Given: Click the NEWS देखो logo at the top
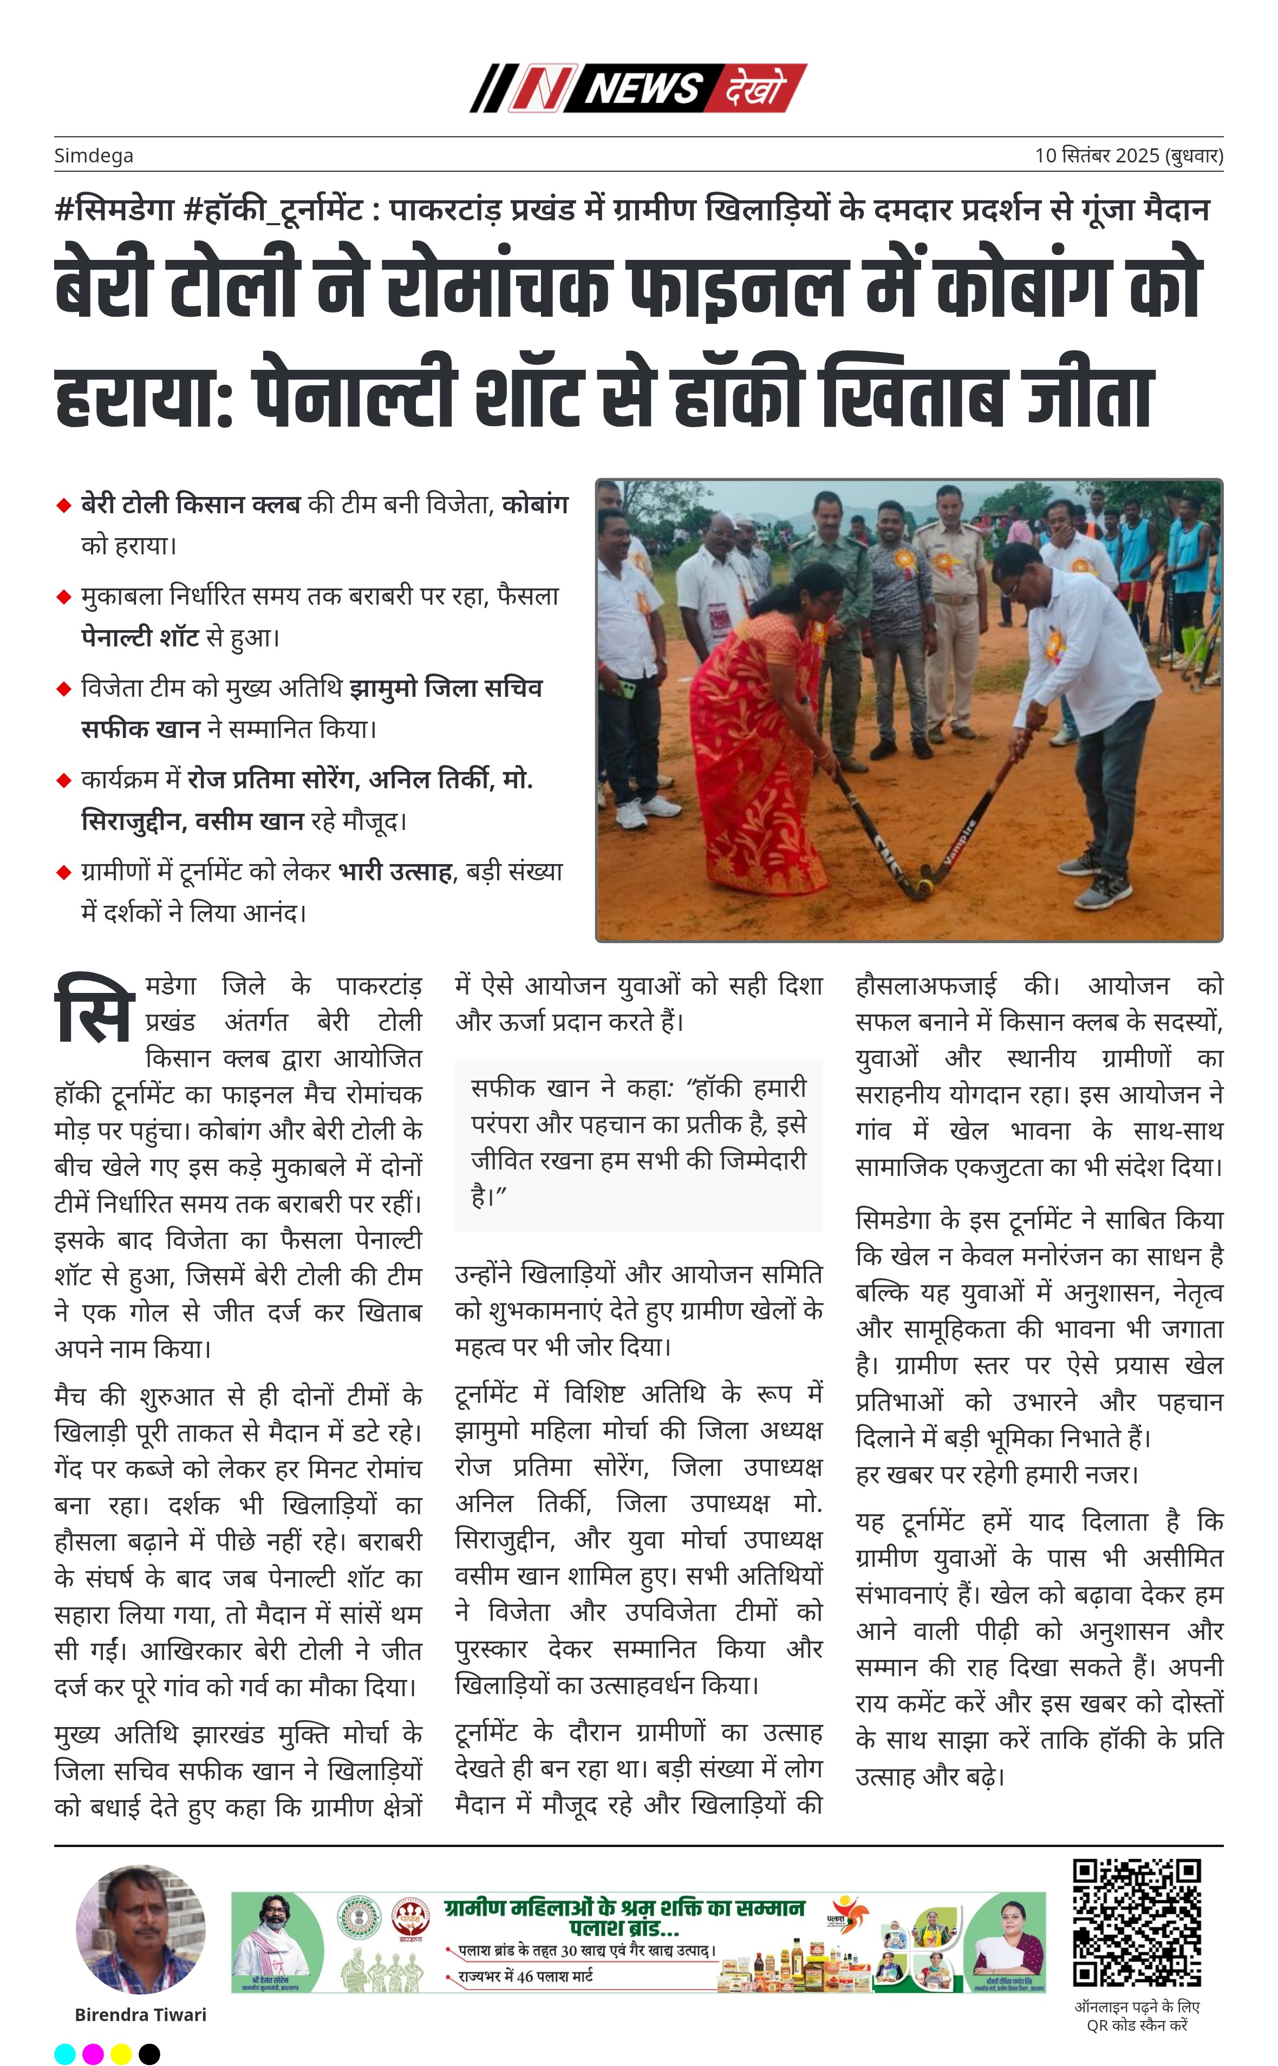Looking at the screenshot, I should coord(638,88).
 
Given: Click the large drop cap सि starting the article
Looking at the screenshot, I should coord(94,1010).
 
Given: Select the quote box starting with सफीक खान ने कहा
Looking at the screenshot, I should coord(638,1143).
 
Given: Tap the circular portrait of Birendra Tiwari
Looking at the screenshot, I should coord(140,1929).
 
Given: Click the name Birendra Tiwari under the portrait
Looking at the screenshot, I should coord(140,2015).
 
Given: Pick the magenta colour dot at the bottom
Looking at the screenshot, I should coord(93,2054).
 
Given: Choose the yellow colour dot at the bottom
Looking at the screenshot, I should coord(121,2054).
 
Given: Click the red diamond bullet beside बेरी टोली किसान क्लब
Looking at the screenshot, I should coord(63,505).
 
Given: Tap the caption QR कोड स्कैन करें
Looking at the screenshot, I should coord(1137,2025).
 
